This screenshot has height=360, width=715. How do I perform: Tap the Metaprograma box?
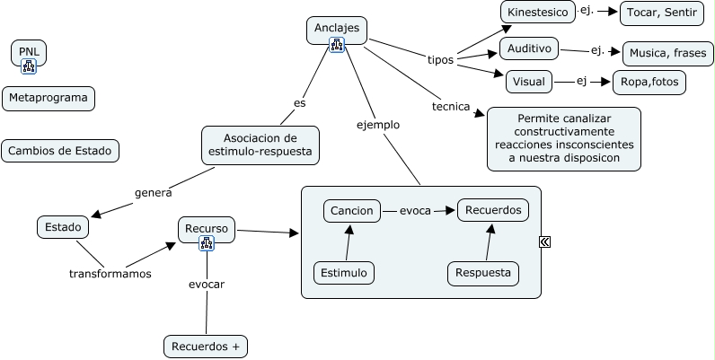pyautogui.click(x=49, y=98)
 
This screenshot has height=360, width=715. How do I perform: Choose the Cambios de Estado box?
pyautogui.click(x=60, y=151)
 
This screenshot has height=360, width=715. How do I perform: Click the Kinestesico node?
pyautogui.click(x=537, y=13)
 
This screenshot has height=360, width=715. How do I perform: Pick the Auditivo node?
pyautogui.click(x=529, y=48)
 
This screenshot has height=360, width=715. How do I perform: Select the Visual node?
pyautogui.click(x=528, y=82)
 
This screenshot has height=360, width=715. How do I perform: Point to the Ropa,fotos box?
pyautogui.click(x=649, y=83)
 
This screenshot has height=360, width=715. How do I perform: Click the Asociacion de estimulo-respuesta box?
pyautogui.click(x=260, y=145)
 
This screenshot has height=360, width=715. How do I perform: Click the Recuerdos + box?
pyautogui.click(x=205, y=346)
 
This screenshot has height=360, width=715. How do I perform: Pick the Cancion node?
pyautogui.click(x=351, y=210)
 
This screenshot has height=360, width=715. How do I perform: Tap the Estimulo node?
pyautogui.click(x=344, y=272)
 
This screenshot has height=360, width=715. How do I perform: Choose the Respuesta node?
pyautogui.click(x=483, y=272)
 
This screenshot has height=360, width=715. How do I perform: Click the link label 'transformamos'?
pyautogui.click(x=110, y=274)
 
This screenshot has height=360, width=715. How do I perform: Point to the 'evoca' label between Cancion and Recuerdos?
pyautogui.click(x=415, y=211)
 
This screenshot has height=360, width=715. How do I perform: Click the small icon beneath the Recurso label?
pyautogui.click(x=207, y=243)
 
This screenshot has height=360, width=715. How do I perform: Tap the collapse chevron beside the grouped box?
pyautogui.click(x=545, y=241)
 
